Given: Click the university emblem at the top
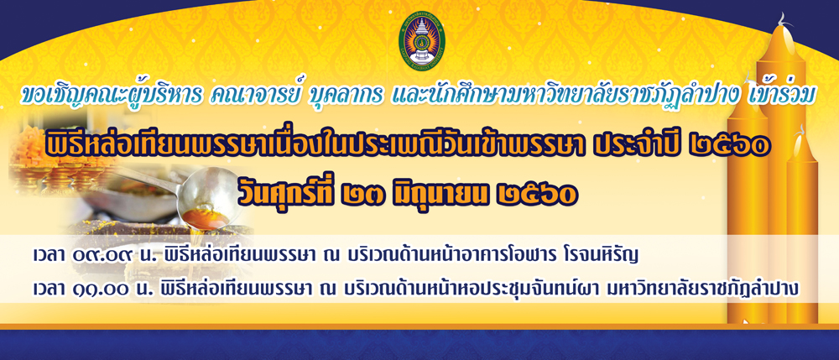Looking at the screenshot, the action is click(419, 42).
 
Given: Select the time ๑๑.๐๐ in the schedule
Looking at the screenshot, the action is click(102, 289).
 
